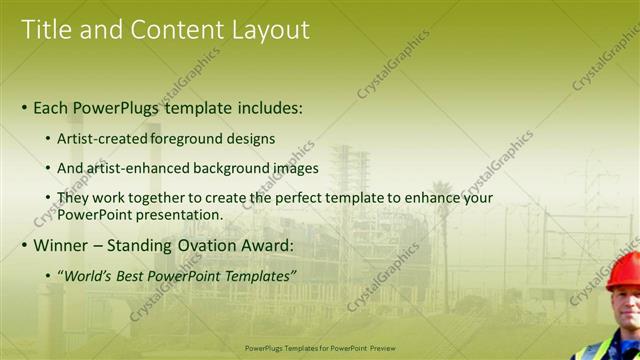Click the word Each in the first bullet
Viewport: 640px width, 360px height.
pyautogui.click(x=52, y=106)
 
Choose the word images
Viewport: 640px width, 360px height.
pyautogui.click(x=294, y=168)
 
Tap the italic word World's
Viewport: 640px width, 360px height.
pyautogui.click(x=87, y=275)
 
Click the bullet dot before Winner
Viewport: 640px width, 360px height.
pyautogui.click(x=25, y=245)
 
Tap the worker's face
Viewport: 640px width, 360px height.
pyautogui.click(x=626, y=305)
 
